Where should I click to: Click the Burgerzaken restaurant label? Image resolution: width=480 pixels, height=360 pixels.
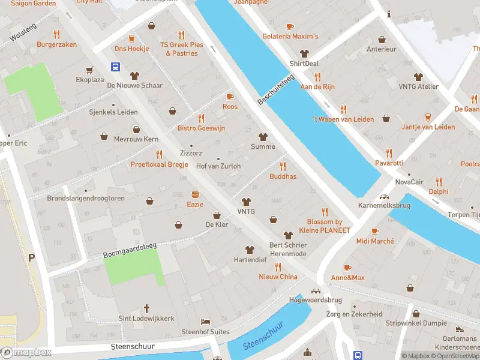click(57, 44)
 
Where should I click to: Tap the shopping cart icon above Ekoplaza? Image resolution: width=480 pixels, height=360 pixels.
click(90, 69)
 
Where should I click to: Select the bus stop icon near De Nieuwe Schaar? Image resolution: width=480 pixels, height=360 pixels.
click(115, 67)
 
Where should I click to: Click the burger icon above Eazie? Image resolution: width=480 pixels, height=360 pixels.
click(195, 194)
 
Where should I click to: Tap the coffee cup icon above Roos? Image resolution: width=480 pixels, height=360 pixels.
click(229, 97)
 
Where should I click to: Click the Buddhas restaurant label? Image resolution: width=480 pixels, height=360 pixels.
click(283, 176)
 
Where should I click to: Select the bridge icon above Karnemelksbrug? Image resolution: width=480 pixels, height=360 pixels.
click(384, 197)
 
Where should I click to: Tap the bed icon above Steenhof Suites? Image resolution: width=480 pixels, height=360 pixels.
click(206, 322)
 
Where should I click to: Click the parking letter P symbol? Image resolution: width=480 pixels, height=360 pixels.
click(31, 257)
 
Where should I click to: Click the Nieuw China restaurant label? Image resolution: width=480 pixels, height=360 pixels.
click(278, 277)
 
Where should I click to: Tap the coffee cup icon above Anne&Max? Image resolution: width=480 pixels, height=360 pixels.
click(347, 268)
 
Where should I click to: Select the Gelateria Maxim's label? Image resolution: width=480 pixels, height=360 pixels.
click(290, 37)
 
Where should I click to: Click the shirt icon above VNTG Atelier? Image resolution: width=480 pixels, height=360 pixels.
click(419, 77)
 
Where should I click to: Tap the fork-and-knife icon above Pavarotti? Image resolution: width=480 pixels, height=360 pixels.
click(389, 152)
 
